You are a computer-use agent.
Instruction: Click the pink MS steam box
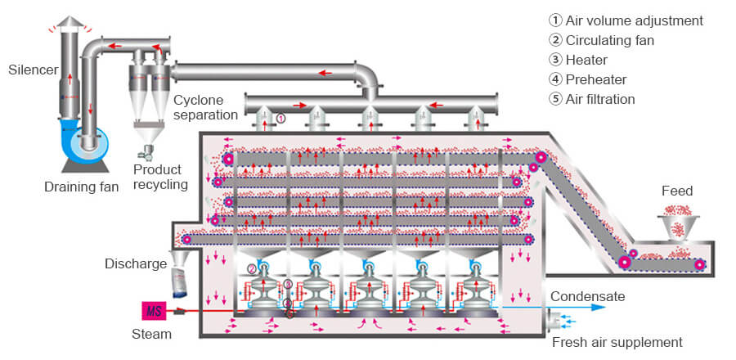pos(154,311)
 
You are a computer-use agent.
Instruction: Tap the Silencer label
pos(34,70)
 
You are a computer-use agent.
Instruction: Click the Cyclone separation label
pos(205,107)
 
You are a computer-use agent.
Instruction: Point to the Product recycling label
pos(160,177)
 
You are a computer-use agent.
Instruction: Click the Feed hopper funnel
pos(678,226)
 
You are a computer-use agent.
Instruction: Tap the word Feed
pos(677,191)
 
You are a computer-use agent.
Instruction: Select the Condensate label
pos(588,297)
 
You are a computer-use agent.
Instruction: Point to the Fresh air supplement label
pos(617,342)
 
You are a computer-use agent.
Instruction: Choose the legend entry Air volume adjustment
pos(626,20)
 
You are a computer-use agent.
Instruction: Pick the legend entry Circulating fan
pos(601,40)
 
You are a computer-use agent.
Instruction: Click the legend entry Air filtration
pos(591,99)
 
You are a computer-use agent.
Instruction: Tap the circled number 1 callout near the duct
pos(280,119)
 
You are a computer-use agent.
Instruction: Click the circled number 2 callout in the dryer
pos(252,269)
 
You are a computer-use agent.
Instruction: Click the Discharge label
pos(136,263)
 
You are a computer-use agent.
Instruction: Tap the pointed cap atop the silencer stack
pos(70,22)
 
